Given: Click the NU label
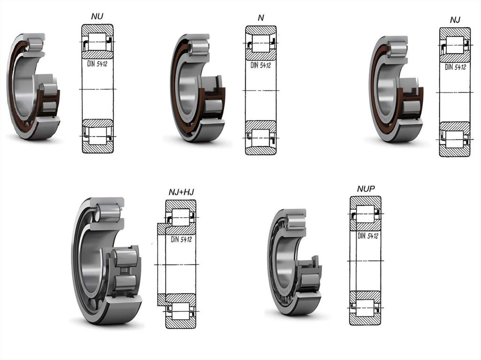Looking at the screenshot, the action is point(97,16).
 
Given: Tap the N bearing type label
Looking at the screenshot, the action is point(261,18).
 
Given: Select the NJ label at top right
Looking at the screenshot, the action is point(455,20).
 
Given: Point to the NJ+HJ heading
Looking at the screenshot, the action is point(181,192).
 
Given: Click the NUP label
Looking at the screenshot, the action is point(366,189).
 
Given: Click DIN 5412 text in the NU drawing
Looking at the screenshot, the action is point(97,64).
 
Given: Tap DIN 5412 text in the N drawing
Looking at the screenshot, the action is point(261,65).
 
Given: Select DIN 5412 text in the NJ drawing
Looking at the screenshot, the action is point(456,67).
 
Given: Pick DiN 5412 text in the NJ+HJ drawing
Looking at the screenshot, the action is point(181,239).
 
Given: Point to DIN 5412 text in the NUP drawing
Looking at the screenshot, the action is point(368,236).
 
